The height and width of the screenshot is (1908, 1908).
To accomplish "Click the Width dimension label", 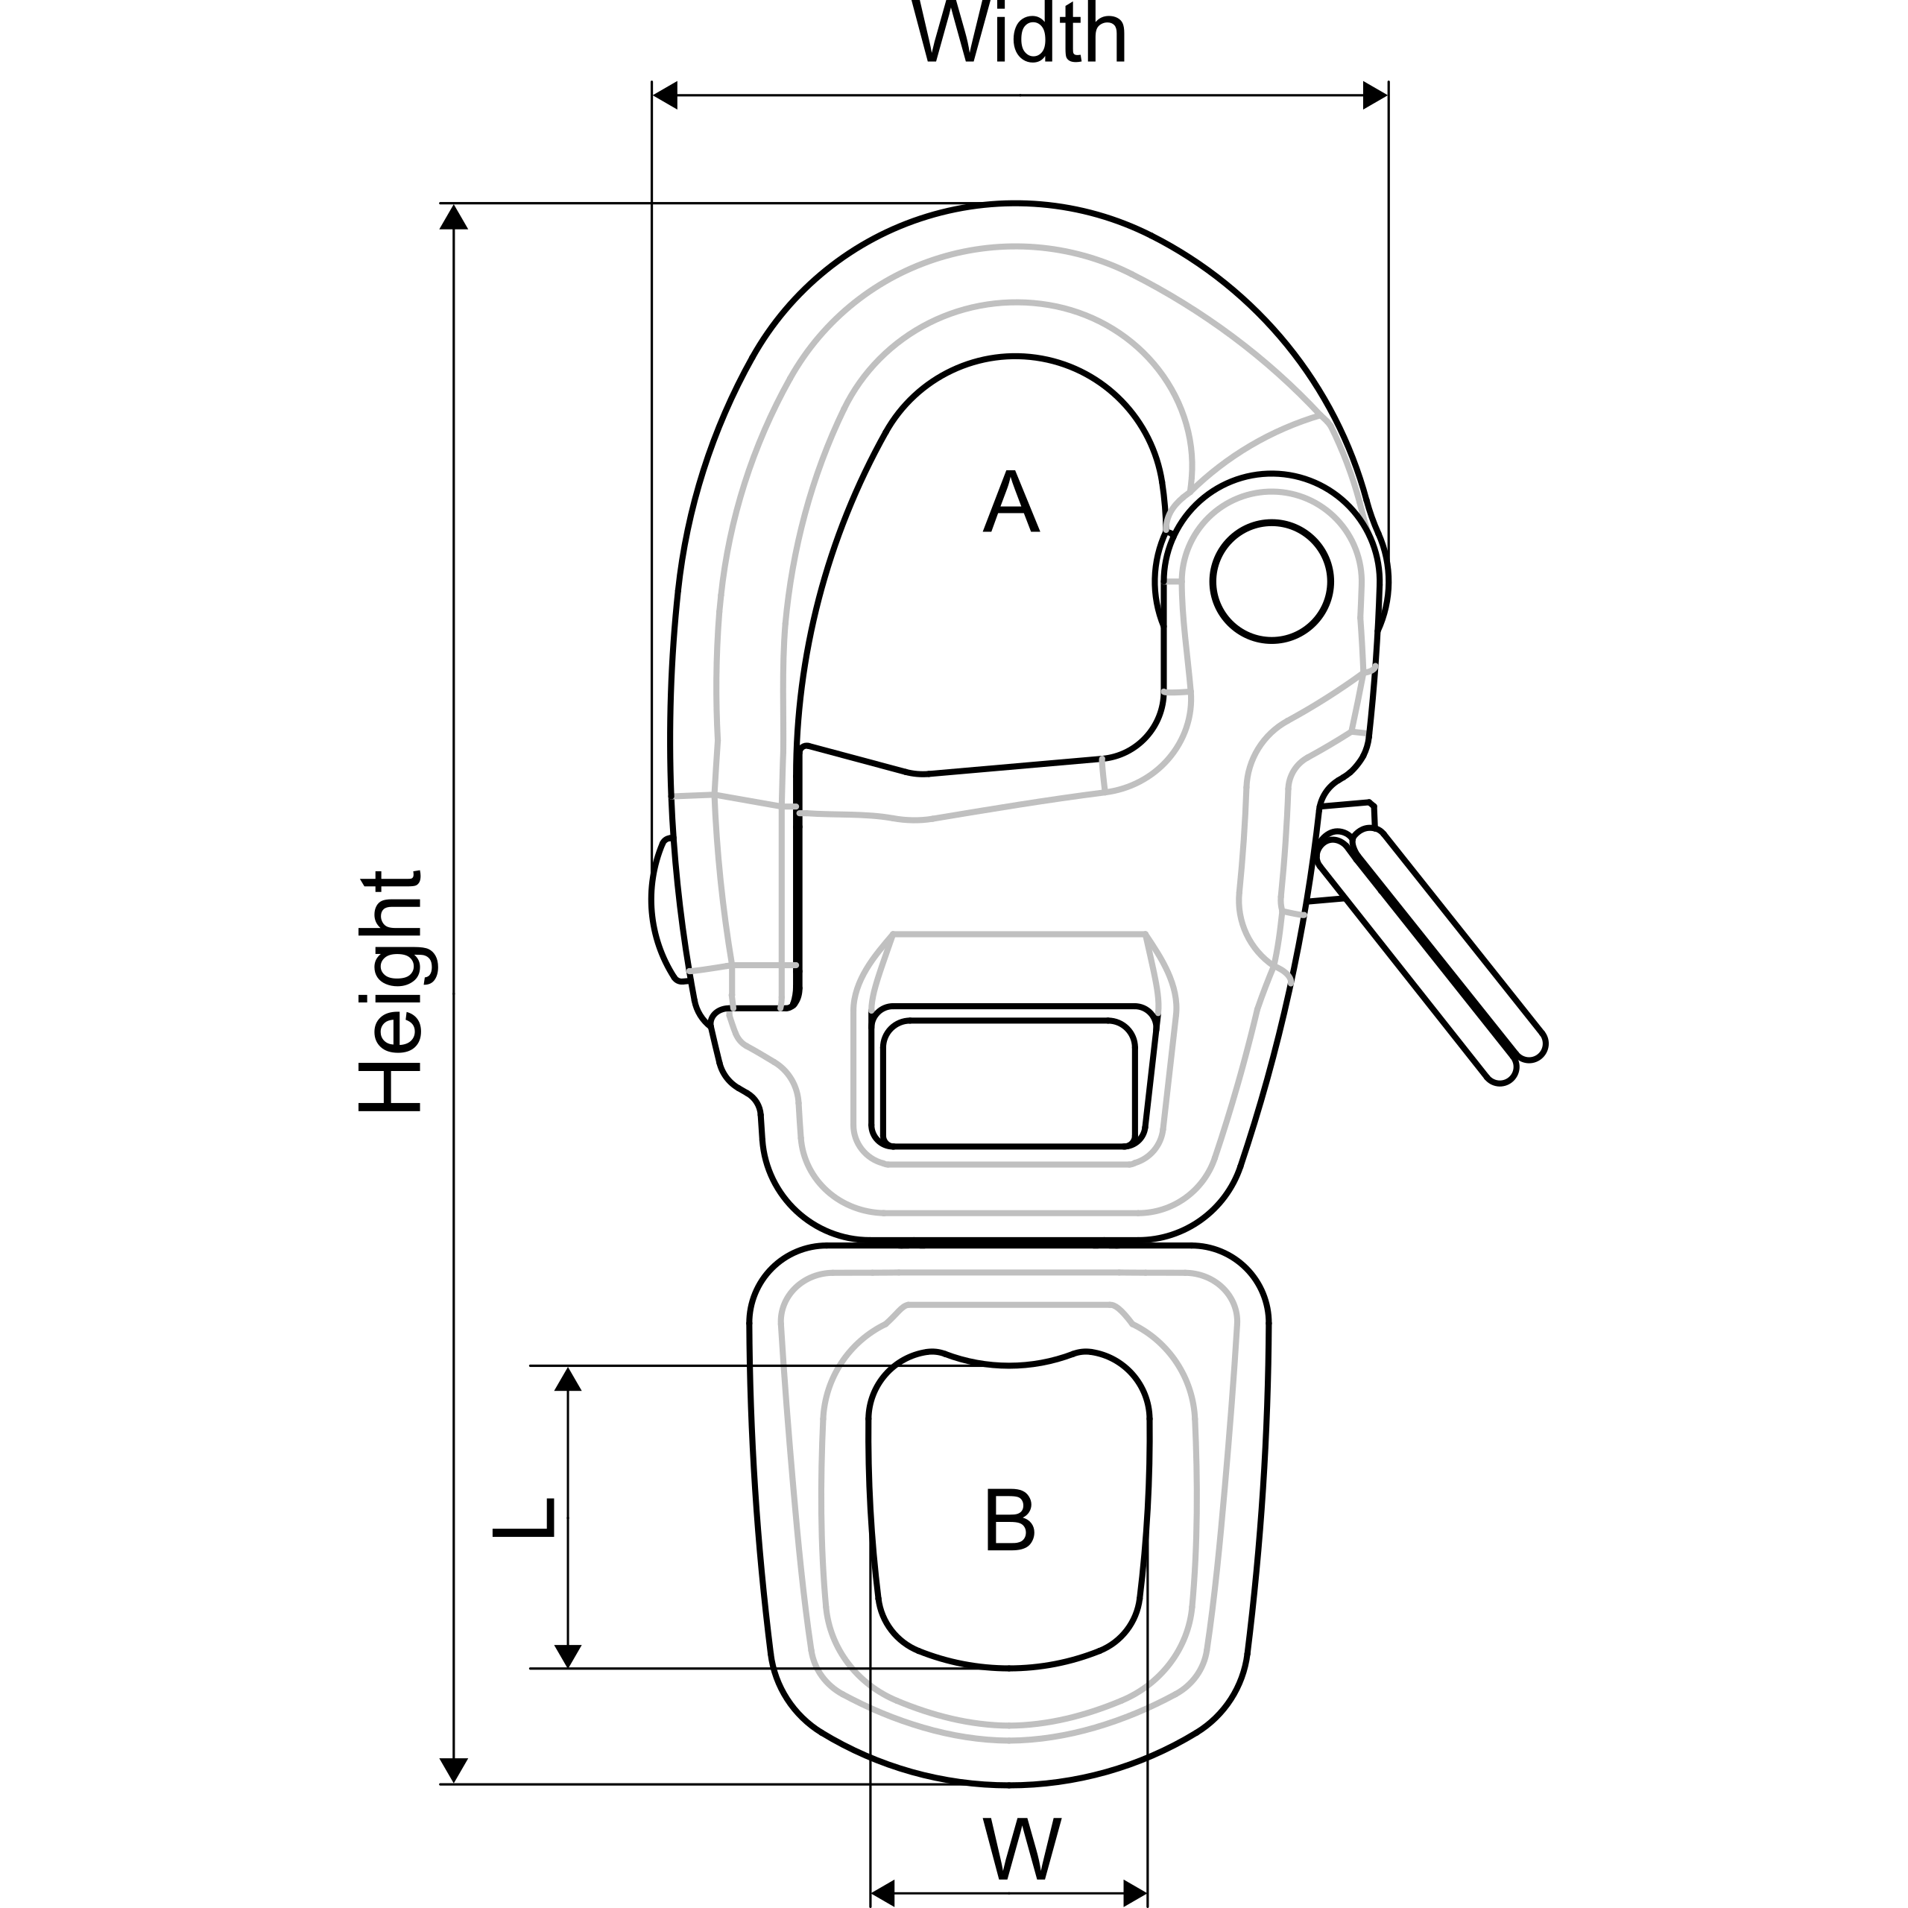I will click(x=1018, y=34).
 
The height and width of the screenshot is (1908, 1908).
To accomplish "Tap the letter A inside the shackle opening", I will click(x=1011, y=502).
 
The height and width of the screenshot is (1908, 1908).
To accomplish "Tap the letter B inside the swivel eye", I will click(x=1009, y=1520).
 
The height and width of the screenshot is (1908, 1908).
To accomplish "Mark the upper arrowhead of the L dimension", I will click(x=568, y=1379).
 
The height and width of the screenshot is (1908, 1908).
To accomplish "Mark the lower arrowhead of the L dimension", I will click(x=568, y=1655).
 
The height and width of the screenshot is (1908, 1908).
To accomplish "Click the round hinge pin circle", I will click(x=1272, y=581).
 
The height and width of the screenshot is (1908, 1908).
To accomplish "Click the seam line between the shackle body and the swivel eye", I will click(x=1008, y=1242).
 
